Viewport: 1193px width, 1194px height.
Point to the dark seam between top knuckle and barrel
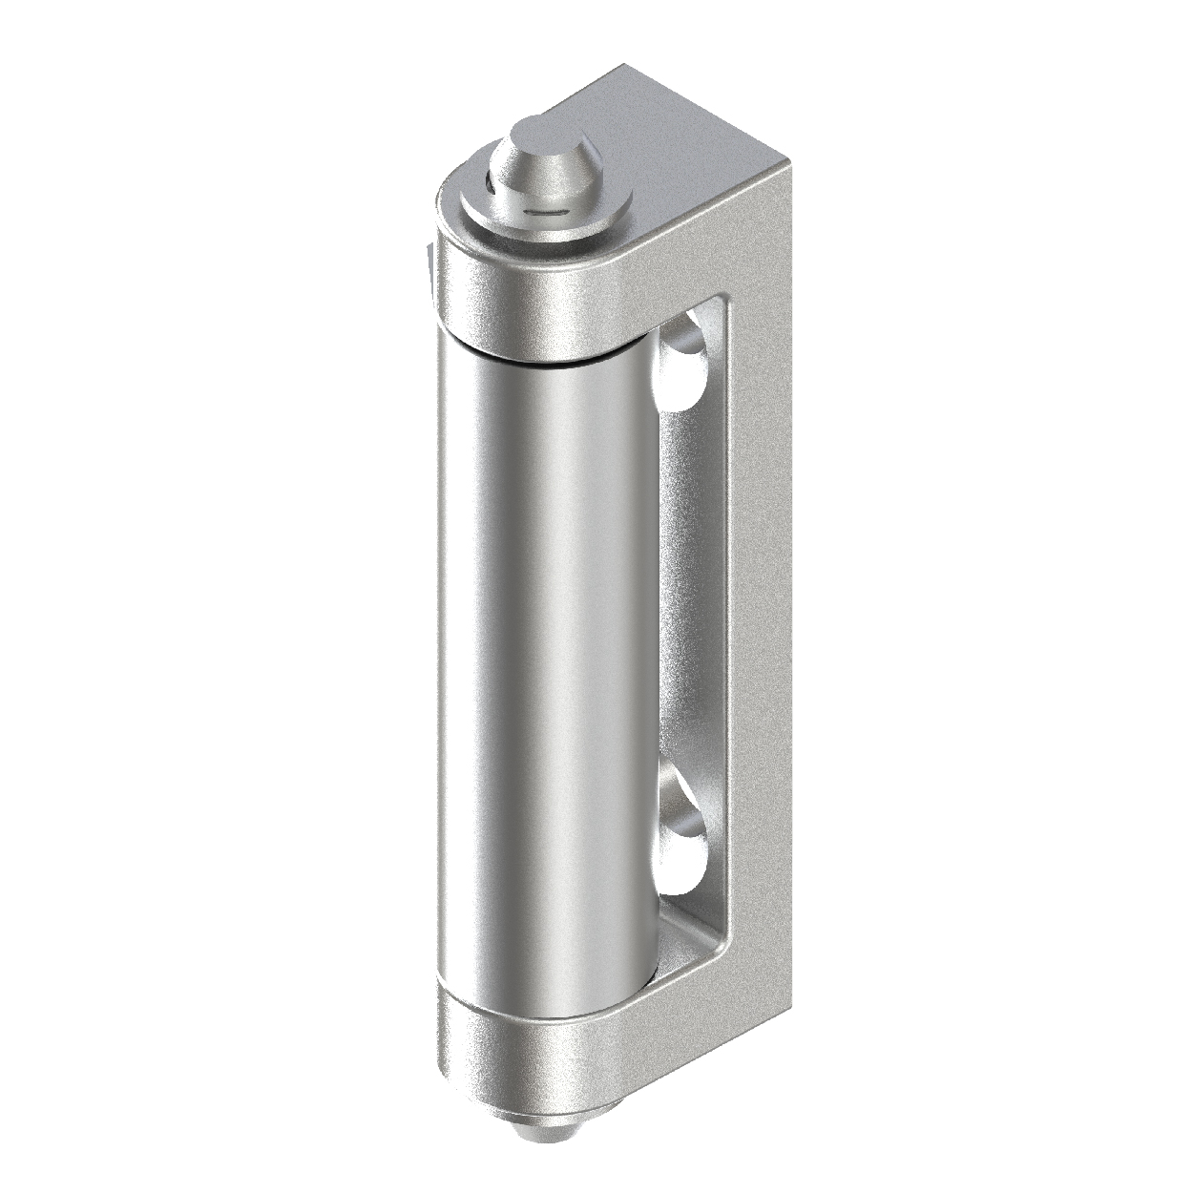pyautogui.click(x=534, y=362)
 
